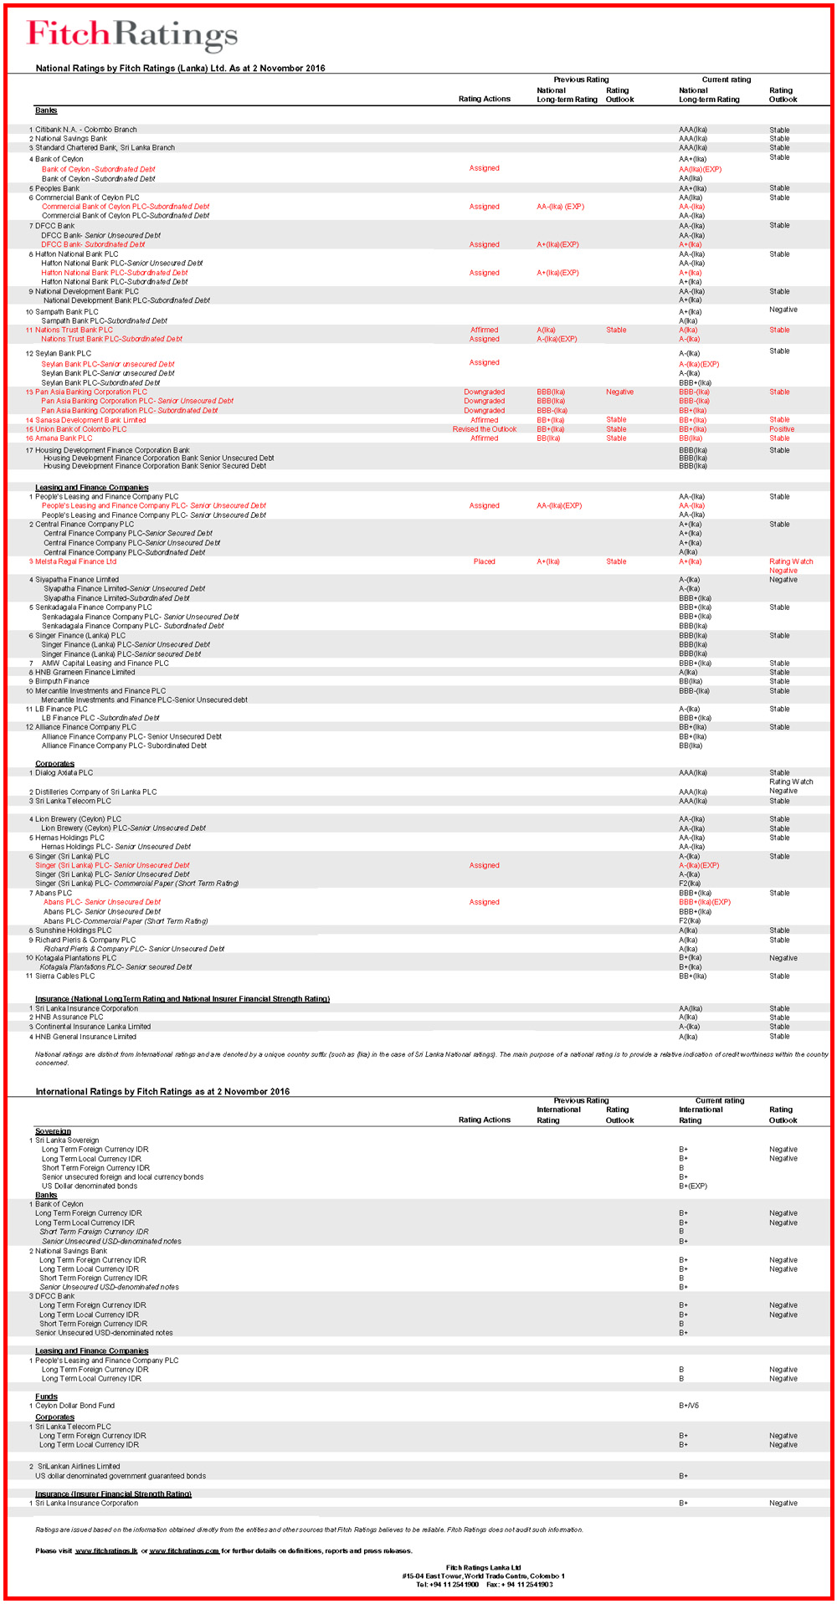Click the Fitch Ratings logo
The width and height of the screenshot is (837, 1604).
(132, 35)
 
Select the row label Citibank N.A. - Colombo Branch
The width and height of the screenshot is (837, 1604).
(85, 130)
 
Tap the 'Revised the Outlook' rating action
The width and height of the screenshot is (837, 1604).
(485, 429)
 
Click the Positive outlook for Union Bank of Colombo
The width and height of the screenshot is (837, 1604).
(782, 429)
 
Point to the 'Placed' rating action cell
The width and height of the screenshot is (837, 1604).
(484, 561)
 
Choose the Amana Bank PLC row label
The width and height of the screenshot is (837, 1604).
(64, 438)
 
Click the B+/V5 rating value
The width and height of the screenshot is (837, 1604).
(689, 1406)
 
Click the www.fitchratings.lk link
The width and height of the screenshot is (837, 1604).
(106, 1550)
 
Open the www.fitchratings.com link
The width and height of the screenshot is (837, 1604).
(184, 1550)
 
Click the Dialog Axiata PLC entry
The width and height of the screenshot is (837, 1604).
(64, 772)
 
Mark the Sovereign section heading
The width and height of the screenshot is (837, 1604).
(53, 1131)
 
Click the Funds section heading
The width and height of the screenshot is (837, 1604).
(46, 1396)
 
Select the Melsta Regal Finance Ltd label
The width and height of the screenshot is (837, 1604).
(75, 561)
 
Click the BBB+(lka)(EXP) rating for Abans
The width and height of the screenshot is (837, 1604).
(705, 902)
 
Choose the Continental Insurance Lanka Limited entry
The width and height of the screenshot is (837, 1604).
(93, 1027)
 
